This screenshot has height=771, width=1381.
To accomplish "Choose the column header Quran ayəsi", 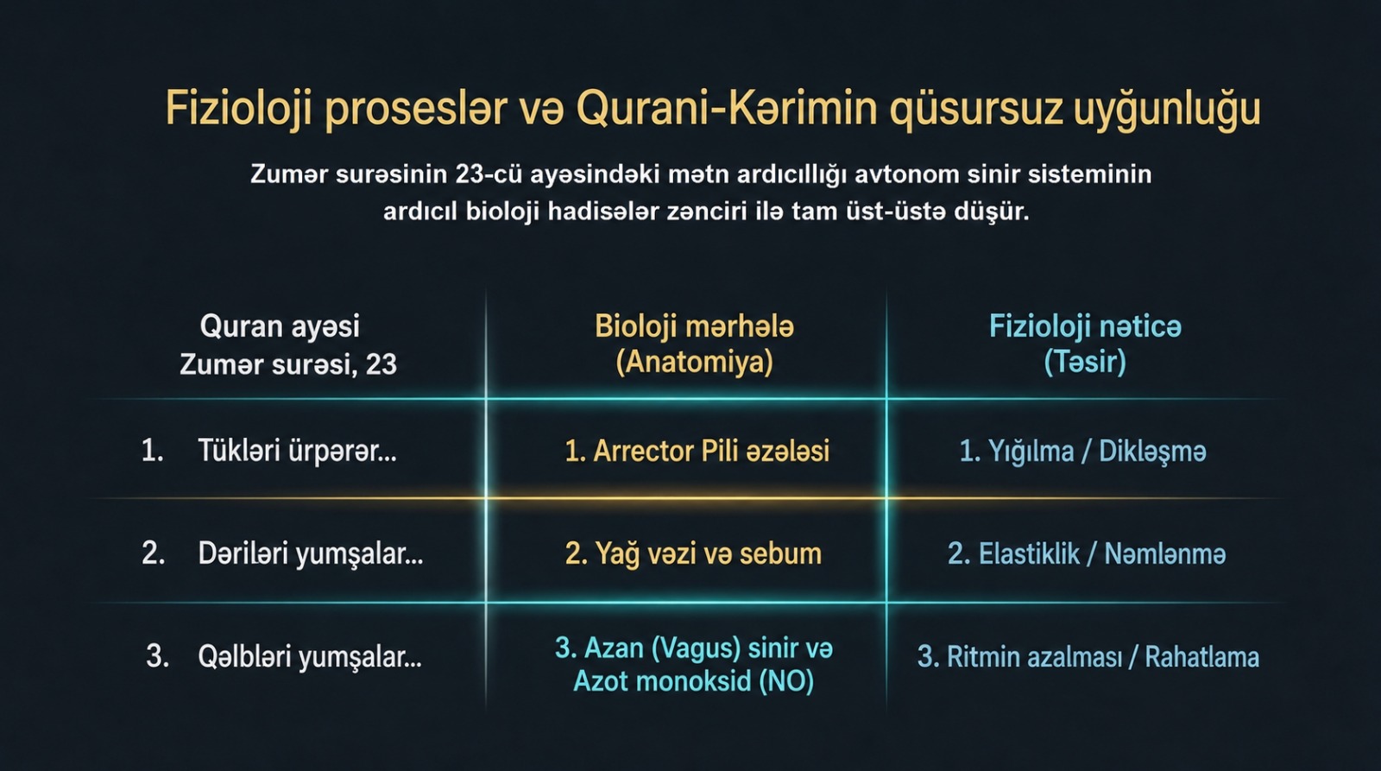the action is [x=280, y=326].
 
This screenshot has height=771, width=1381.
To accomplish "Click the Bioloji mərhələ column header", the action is [x=694, y=326].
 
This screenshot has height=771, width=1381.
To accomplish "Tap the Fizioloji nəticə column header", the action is [x=1085, y=326].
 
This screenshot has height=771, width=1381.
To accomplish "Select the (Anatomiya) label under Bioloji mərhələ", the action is [x=694, y=362].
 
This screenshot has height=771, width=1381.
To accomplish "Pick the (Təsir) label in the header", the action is [x=1085, y=362].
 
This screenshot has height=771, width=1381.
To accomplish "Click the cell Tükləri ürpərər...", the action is [x=297, y=451].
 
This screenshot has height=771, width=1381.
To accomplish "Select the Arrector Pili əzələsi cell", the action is [x=697, y=451].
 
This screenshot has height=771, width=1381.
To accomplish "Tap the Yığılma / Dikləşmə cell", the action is [x=1083, y=452].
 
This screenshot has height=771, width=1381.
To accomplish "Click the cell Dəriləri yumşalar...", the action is [x=310, y=554].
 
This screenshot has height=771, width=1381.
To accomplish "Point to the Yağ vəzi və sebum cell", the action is [x=694, y=554].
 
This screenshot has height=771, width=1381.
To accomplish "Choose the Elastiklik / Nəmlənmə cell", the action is [x=1087, y=554].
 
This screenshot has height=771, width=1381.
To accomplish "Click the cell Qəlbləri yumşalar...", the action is [x=310, y=657].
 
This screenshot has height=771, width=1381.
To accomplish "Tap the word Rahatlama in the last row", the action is [x=1202, y=657].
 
